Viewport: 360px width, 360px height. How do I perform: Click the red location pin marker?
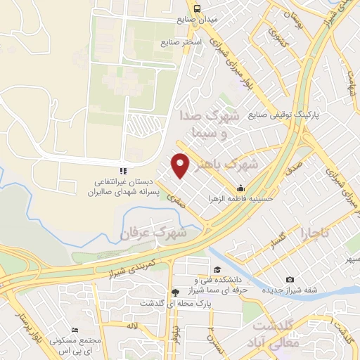[x=182, y=165]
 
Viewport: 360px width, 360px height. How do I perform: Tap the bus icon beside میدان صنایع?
[x=198, y=9]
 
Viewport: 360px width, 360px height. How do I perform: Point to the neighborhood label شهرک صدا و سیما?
[x=215, y=123]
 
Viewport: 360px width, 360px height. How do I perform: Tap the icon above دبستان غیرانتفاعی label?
[x=122, y=170]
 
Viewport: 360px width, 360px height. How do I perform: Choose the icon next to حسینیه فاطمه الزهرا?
[x=241, y=188]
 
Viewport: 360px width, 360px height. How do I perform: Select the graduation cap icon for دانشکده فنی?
[x=218, y=271]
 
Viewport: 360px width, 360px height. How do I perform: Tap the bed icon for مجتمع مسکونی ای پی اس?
[x=75, y=330]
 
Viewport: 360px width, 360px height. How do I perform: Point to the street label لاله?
[x=132, y=326]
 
